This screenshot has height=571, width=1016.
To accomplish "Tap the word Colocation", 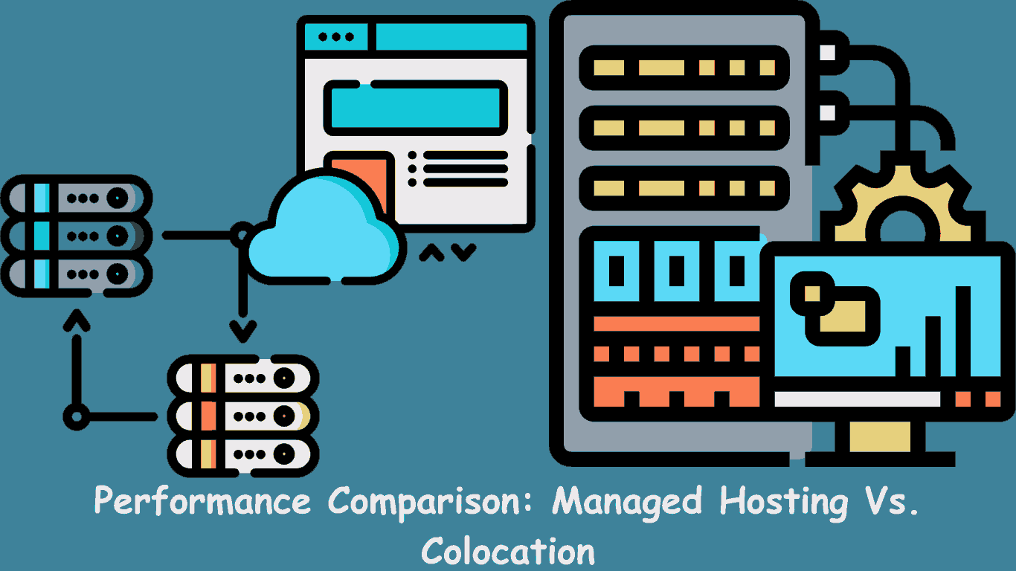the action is point(508,552).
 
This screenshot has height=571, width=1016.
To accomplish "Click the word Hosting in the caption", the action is point(784,503).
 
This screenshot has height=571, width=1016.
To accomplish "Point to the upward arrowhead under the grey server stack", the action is point(76,321).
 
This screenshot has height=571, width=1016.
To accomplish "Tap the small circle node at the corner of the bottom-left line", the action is point(75,416).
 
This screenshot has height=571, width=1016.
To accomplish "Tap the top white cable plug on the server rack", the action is point(827,52).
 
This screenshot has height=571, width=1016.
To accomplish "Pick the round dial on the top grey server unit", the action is point(117,199).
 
